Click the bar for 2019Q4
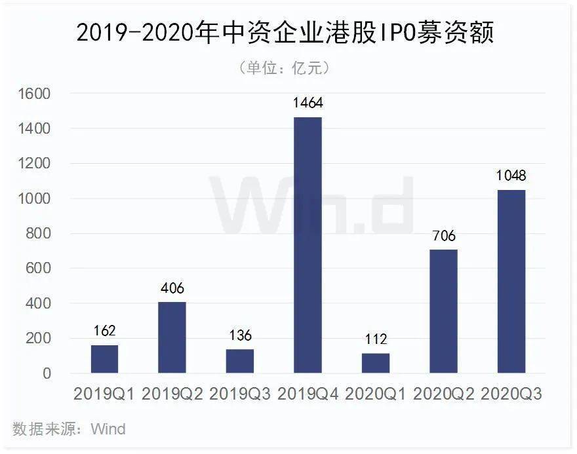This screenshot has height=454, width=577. coord(308,245)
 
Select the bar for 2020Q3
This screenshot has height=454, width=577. coord(511,282)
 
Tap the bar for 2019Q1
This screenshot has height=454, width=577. coord(105,359)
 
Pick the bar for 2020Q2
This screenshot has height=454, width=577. coord(444,311)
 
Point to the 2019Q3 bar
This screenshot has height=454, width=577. coord(240,361)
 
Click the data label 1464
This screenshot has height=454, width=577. coord(308,103)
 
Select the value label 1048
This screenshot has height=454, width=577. coord(511,176)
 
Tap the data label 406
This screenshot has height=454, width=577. coord(172,288)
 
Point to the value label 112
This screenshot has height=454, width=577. coord(376,339)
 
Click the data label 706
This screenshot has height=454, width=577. coord(444,236)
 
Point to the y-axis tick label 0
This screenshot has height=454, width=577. coord(47,373)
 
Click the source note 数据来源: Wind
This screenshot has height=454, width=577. coord(69,429)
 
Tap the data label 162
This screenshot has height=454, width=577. coord(105,331)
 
